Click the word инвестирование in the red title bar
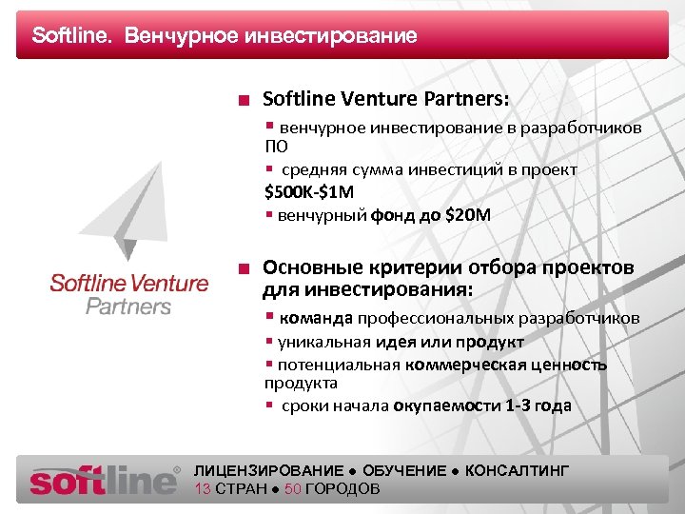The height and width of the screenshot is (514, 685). point(331,36)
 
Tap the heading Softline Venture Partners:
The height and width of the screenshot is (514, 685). point(385,99)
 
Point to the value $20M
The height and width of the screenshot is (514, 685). point(468,215)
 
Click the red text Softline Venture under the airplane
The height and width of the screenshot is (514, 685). point(128,283)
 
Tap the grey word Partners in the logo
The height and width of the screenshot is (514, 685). point(128,306)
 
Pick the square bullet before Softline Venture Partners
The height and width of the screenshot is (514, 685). point(245,100)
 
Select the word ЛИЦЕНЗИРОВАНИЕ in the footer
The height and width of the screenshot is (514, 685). point(268,471)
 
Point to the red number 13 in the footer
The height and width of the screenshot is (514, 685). point(202,489)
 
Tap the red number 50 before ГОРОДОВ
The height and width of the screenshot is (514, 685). point(292,489)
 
